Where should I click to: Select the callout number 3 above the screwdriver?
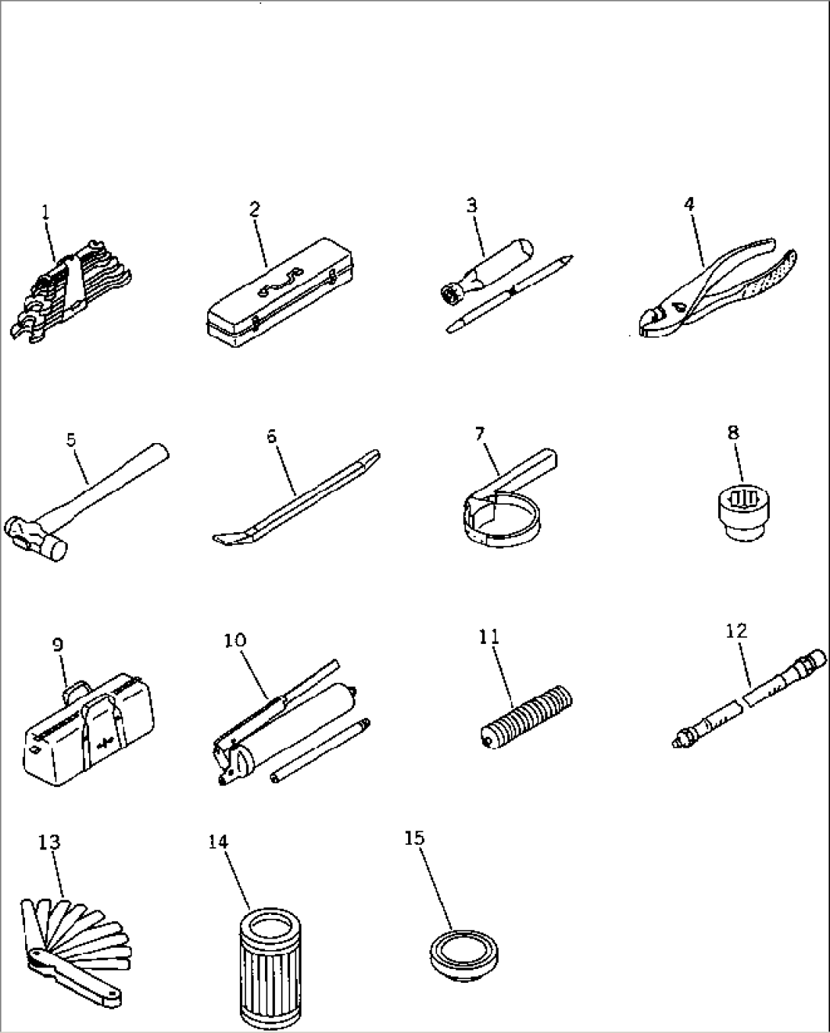tap(471, 205)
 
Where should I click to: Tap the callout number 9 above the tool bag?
tap(58, 645)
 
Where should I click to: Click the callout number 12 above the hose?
tap(736, 630)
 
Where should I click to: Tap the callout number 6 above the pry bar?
tap(272, 436)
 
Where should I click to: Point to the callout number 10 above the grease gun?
tap(235, 640)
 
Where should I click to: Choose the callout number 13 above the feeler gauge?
tap(49, 842)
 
